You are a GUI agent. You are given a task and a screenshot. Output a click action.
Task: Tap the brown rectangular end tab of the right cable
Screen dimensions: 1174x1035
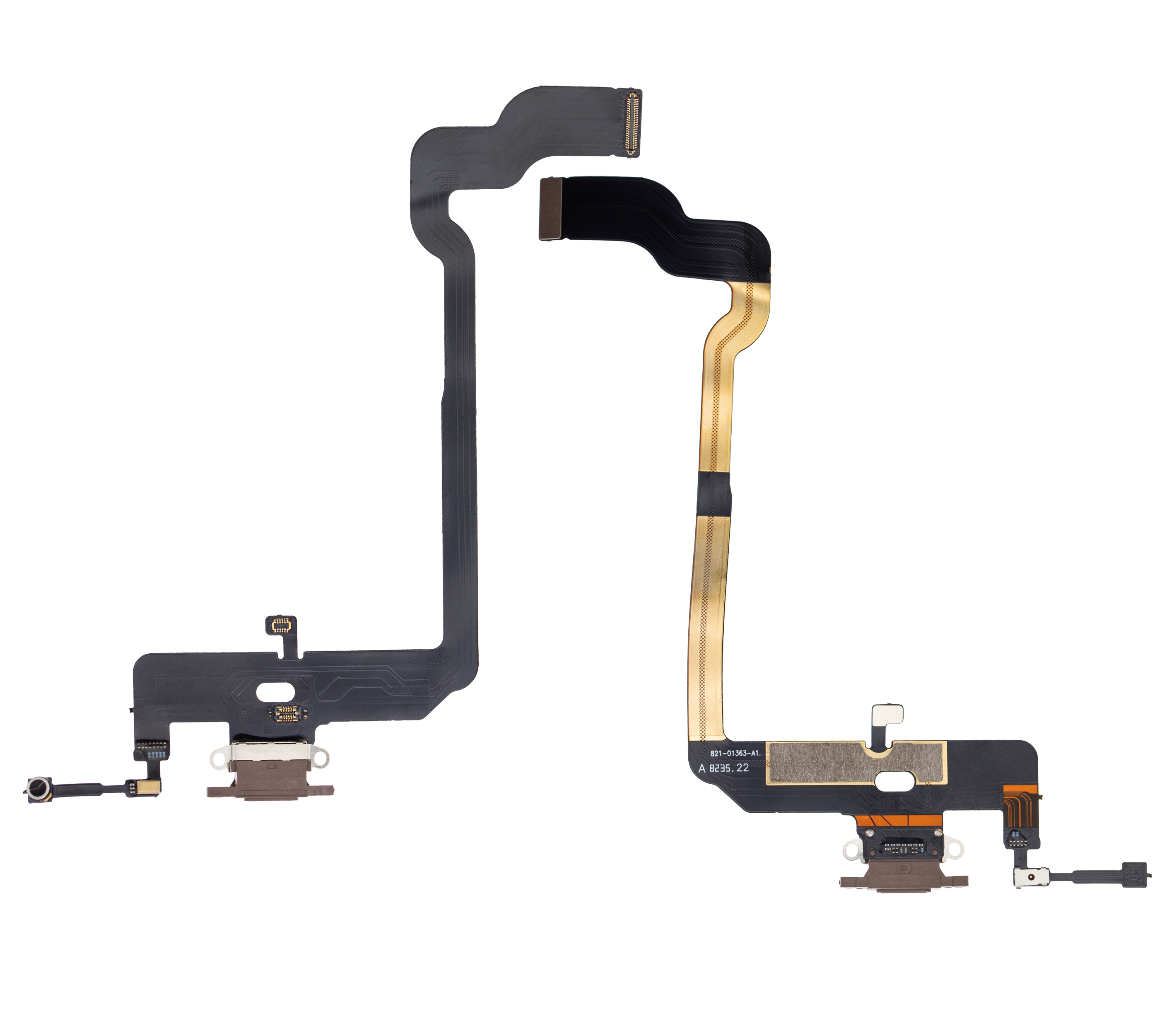point(550,209)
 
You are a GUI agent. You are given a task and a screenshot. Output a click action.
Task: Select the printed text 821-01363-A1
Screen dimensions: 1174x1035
point(735,753)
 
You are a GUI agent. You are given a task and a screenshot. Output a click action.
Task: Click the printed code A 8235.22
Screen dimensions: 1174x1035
point(724,768)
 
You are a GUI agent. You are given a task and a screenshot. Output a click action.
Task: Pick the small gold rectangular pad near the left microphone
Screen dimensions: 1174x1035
point(150,787)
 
